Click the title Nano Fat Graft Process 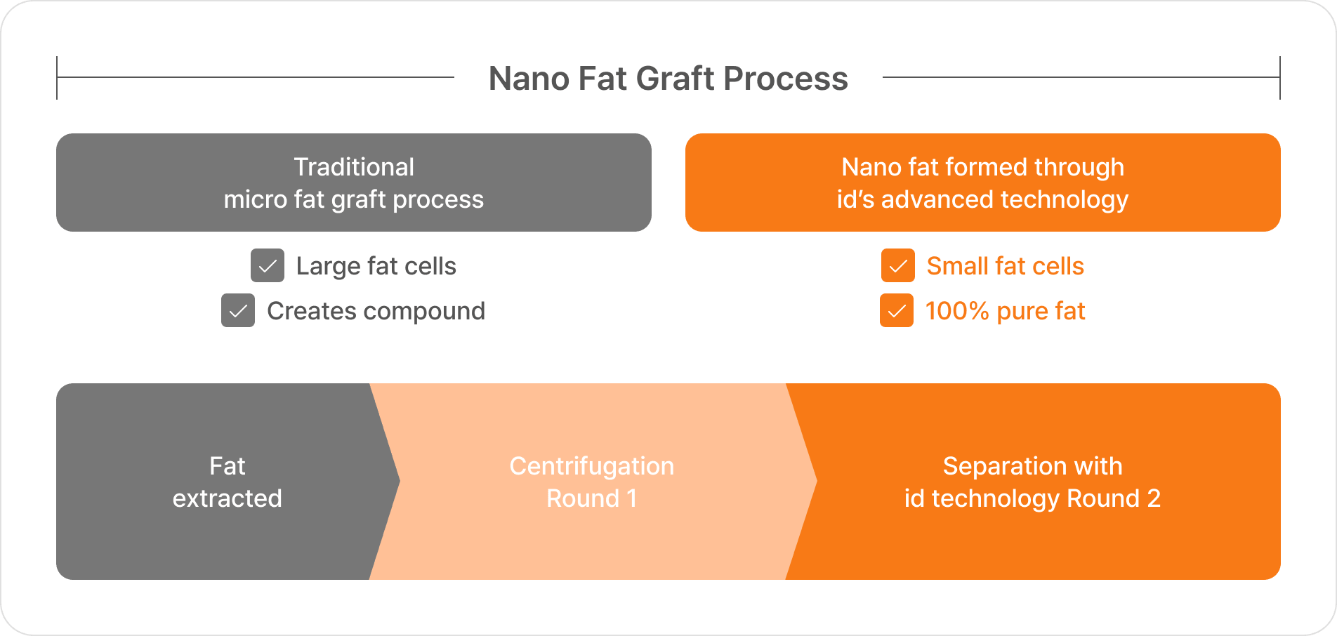click(668, 78)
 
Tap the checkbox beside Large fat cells click(268, 265)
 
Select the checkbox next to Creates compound click(238, 310)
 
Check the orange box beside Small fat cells click(898, 265)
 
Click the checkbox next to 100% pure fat click(897, 310)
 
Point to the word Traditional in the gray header click(354, 167)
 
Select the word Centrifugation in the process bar click(592, 466)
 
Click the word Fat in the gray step click(228, 466)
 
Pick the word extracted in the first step click(228, 498)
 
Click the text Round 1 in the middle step click(592, 498)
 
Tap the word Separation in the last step click(997, 466)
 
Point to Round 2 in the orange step click(1114, 498)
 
